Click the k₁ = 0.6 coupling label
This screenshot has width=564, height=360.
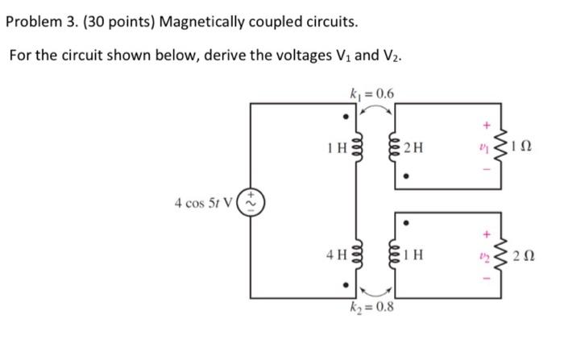pos(371,93)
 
